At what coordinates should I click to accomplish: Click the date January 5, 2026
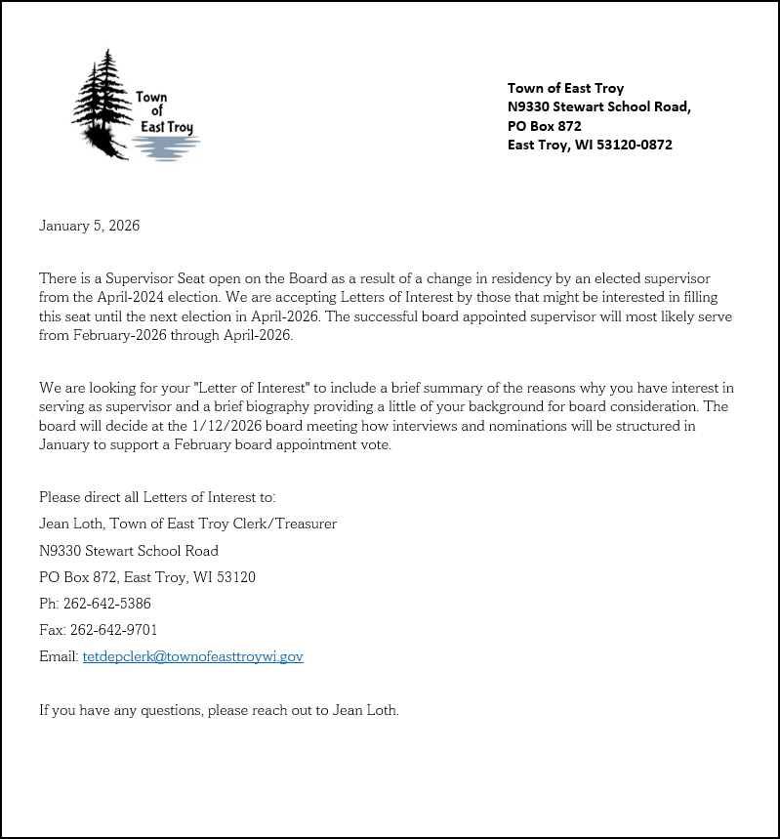pyautogui.click(x=89, y=226)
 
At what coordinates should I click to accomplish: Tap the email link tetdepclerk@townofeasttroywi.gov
pyautogui.click(x=192, y=656)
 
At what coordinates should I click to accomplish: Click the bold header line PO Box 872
pyautogui.click(x=544, y=126)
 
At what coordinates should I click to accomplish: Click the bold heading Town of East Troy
pyautogui.click(x=565, y=88)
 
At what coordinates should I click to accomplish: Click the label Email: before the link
pyautogui.click(x=59, y=656)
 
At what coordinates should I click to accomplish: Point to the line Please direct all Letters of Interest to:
pyautogui.click(x=157, y=497)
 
